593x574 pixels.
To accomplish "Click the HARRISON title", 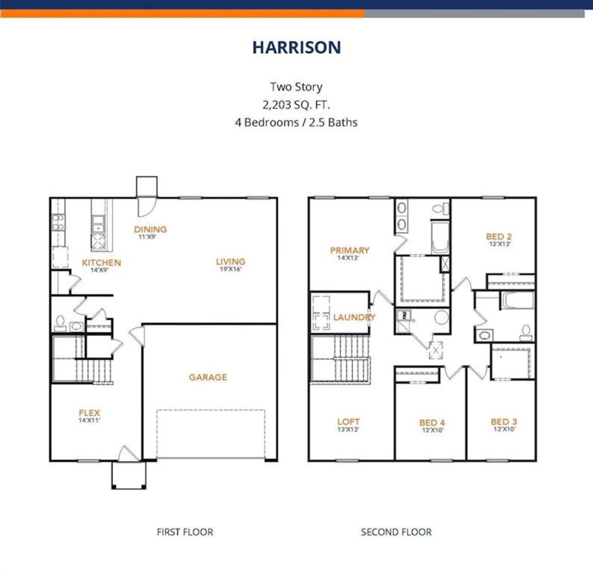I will [296, 47].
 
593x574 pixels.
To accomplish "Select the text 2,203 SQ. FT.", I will [296, 105].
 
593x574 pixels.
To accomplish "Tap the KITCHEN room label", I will [101, 263].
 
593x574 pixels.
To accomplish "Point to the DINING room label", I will [150, 229].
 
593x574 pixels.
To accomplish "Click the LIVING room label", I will [230, 261].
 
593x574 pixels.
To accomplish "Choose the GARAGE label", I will [208, 377].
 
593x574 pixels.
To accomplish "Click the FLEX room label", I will [89, 413].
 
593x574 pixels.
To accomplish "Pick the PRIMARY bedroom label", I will [349, 250].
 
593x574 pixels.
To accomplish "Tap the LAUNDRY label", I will [354, 318].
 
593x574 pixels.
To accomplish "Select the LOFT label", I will [348, 422].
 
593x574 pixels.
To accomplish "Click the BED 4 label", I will [432, 423].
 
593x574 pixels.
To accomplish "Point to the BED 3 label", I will [504, 422].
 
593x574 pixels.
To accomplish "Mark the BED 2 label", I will [498, 236].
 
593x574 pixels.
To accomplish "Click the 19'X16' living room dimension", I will [230, 269].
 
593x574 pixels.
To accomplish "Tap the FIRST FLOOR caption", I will [185, 532].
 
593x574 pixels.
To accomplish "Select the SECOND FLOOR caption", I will [396, 532].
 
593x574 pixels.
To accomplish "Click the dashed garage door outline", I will [211, 434].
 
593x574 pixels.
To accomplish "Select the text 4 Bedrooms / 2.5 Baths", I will [296, 123].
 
